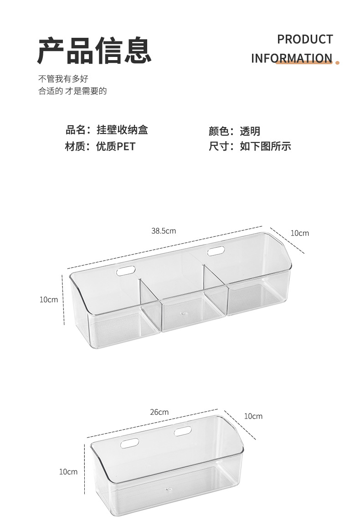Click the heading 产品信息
click(94, 51)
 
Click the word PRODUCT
click(305, 40)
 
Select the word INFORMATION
click(291, 58)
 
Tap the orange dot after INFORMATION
click(338, 62)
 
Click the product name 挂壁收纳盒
click(122, 130)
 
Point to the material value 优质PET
click(116, 146)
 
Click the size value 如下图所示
click(265, 146)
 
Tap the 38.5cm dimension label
click(164, 231)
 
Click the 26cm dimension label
click(159, 412)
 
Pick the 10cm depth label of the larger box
click(299, 233)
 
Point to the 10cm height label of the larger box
click(49, 299)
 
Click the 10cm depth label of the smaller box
click(253, 416)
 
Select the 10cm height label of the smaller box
click(68, 472)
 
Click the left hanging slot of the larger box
click(126, 271)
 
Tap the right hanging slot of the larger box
click(216, 250)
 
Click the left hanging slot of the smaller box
click(129, 442)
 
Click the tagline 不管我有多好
click(63, 79)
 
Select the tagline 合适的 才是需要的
click(72, 91)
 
